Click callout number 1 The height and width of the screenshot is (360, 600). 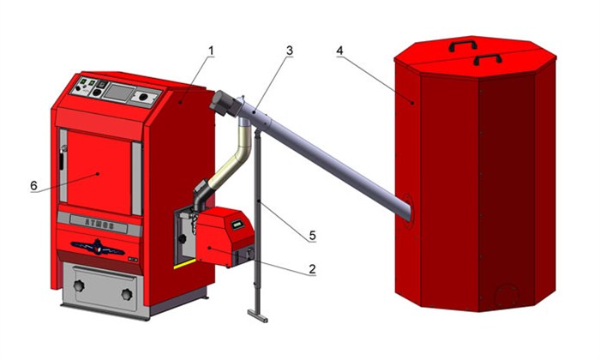[211, 51]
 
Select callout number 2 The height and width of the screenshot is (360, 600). [312, 268]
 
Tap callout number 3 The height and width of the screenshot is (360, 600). [290, 51]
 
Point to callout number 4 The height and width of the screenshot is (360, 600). [339, 51]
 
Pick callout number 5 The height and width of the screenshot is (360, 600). [312, 235]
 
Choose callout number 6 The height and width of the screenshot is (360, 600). [33, 185]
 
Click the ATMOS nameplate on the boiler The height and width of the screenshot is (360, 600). [99, 225]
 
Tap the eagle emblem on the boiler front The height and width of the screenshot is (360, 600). [98, 248]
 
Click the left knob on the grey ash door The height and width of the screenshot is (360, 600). [79, 285]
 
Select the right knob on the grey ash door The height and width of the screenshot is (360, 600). [127, 294]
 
